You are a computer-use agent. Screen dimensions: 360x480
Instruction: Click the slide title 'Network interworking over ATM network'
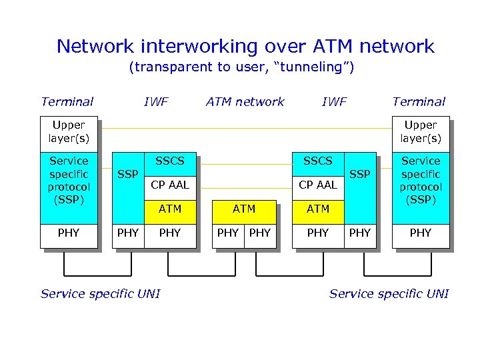245,46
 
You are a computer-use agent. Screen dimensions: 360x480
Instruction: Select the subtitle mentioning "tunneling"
241,67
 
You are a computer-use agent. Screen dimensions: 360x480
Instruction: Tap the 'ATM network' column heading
245,102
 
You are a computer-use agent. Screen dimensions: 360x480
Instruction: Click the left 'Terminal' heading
67,102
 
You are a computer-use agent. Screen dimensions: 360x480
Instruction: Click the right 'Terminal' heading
419,102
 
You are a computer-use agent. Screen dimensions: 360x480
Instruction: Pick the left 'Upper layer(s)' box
69,132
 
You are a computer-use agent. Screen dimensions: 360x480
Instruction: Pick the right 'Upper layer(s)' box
421,132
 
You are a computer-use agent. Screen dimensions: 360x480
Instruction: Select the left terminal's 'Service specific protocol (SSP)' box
69,180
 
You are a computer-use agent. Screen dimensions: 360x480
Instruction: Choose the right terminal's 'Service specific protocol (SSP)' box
421,180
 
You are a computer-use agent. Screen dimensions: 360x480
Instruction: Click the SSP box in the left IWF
127,175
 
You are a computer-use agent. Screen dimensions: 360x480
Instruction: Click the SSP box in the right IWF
360,175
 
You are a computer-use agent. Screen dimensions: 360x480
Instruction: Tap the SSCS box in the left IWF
170,161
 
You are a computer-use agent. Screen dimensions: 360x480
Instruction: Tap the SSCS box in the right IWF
318,161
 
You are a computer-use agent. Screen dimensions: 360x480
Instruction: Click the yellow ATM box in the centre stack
244,209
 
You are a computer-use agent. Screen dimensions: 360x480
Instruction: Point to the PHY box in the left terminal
69,233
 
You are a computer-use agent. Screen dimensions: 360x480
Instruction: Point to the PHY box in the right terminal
421,233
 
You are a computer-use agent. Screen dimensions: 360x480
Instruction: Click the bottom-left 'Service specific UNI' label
100,294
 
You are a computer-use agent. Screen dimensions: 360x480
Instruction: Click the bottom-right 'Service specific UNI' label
389,294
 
